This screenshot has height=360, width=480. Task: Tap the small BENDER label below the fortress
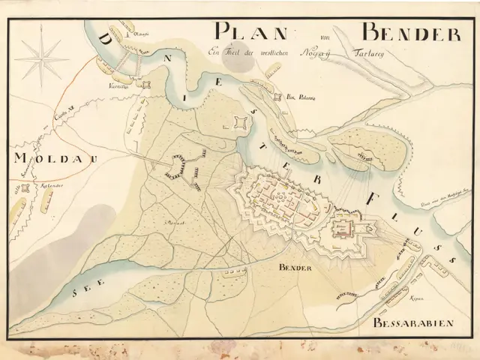click(294, 268)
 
